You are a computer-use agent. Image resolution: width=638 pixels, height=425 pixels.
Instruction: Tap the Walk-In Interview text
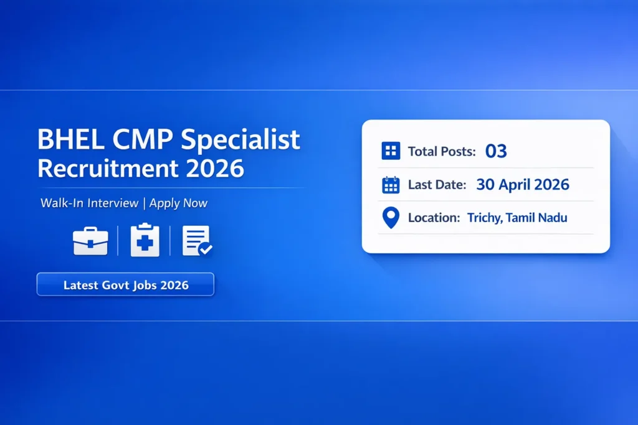point(90,203)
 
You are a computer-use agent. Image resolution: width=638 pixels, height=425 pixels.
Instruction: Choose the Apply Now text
point(178,203)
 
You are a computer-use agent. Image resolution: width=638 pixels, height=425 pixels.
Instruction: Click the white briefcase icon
point(90,241)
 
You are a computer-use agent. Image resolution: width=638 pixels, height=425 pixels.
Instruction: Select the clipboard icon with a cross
point(145,240)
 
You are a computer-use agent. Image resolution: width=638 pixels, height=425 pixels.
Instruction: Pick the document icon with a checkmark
point(197,240)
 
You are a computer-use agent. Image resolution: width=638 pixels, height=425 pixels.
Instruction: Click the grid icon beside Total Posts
point(390,151)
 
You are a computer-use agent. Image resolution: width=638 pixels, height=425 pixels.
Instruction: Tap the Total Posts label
point(442,151)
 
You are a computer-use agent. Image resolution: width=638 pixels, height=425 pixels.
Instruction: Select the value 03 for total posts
point(496,151)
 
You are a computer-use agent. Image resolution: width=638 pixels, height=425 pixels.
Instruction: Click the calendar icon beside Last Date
point(390,185)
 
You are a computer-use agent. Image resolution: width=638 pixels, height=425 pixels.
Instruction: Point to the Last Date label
point(437,185)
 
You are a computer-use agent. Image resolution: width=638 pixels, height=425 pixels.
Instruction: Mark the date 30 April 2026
point(522,184)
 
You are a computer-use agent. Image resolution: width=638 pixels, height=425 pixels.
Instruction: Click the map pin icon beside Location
point(390,218)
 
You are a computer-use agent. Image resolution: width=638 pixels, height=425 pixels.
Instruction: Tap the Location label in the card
point(434,218)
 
